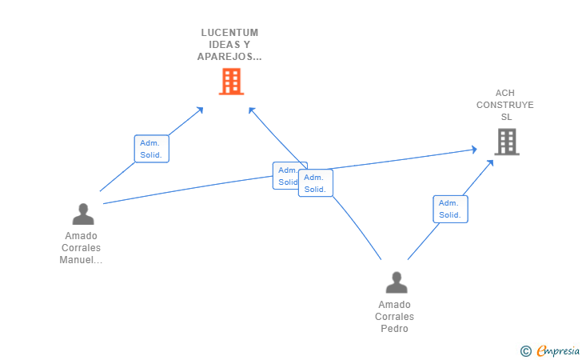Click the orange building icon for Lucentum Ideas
coord(231,82)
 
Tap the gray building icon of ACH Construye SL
coord(506,142)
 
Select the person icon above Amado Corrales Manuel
coord(83,214)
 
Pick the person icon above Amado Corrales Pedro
coord(396,282)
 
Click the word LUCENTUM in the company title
coord(229,33)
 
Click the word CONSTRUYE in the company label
coord(504,105)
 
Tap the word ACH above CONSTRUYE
coord(505,93)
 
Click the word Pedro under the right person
coord(394,329)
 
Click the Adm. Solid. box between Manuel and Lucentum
coord(151,149)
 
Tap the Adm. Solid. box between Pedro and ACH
coord(450,209)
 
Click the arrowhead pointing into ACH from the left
coord(473,150)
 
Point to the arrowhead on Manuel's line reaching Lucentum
coord(200,109)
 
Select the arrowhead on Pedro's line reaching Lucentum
coord(252,110)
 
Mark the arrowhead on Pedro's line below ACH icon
coord(490,162)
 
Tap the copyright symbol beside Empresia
coord(525,350)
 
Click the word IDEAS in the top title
coord(229,45)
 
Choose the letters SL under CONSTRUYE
coord(505,117)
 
